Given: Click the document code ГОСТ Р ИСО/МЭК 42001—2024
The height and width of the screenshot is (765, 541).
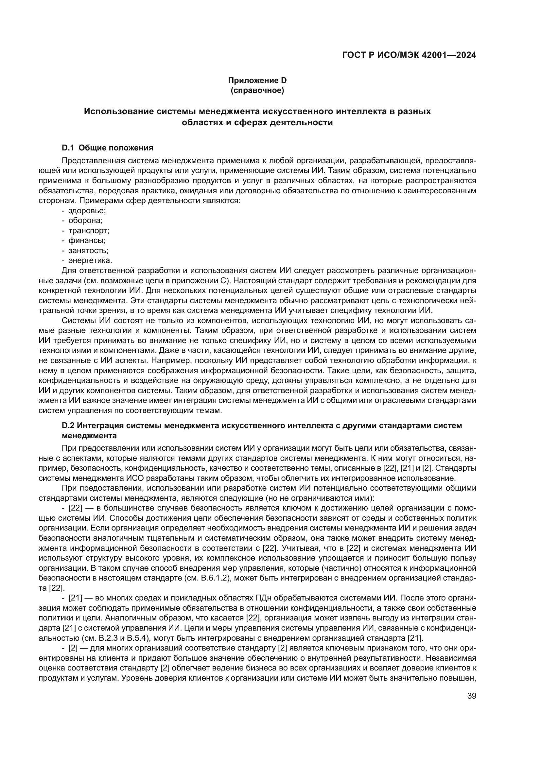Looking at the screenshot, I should pos(409,55).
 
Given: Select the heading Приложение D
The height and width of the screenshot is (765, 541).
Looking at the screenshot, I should pos(257,80).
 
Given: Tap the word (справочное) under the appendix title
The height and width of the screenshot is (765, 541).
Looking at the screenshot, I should pos(257,90).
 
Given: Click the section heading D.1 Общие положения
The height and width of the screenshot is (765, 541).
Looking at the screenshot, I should pos(108,148).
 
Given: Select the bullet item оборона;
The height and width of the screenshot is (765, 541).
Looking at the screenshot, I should pos(86,220).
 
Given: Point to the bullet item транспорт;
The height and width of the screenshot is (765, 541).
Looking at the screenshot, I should pos(89,231).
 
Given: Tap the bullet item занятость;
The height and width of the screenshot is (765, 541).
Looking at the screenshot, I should pos(88,250).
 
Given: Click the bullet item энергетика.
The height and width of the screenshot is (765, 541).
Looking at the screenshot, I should pos(90,260).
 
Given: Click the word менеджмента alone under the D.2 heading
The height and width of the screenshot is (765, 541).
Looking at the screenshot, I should pos(89,435).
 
